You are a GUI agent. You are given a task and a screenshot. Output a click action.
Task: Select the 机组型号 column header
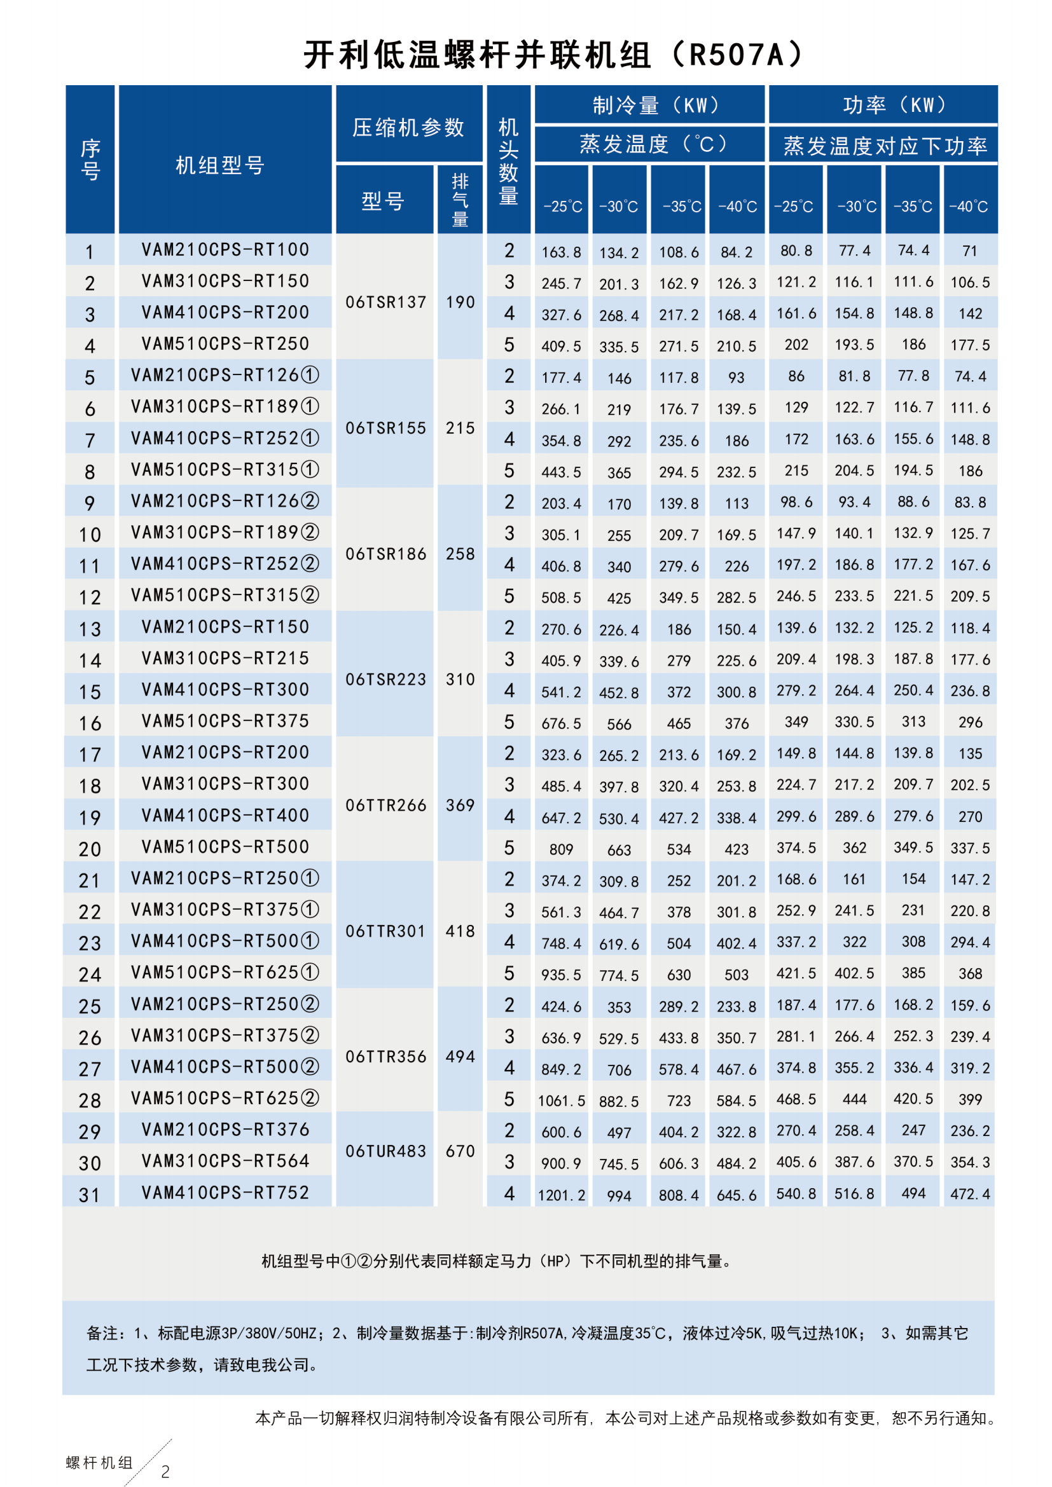[x=220, y=166]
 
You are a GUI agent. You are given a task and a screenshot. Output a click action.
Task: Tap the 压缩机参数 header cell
[x=408, y=128]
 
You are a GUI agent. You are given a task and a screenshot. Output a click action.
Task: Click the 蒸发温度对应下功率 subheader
[x=885, y=146]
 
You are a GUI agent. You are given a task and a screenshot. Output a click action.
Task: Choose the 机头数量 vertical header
[x=509, y=161]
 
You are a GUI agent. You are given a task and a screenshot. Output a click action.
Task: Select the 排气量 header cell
[x=460, y=200]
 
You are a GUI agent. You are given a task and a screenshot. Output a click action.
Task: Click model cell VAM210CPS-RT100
[x=225, y=249]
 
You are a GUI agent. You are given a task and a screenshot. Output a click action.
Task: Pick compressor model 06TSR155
[x=385, y=428]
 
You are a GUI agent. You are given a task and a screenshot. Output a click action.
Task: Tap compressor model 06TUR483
[x=385, y=1151]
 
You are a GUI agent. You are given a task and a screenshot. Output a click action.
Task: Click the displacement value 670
[x=460, y=1151]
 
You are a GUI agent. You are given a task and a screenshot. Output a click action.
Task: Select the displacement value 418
[x=460, y=931]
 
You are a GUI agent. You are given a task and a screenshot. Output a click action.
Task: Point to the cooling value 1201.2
[x=561, y=1195]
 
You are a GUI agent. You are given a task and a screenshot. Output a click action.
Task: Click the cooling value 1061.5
[x=561, y=1100]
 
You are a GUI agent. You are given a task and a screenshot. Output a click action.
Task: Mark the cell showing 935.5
[x=561, y=975]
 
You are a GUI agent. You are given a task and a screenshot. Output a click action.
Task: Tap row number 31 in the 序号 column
[x=90, y=1195]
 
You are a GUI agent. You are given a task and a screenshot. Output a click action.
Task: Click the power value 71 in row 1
[x=970, y=250]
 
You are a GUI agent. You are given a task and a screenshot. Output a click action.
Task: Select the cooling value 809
[x=561, y=849]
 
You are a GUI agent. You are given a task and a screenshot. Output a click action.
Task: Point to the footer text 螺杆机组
[x=99, y=1462]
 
